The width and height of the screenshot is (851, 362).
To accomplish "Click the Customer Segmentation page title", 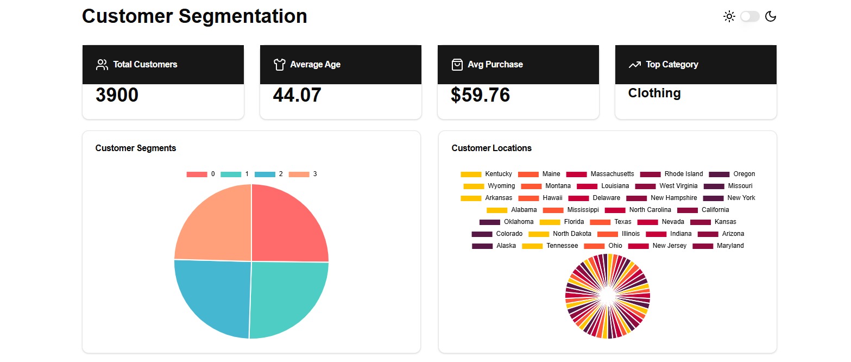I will pyautogui.click(x=194, y=16).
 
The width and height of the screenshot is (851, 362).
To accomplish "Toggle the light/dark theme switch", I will pyautogui.click(x=749, y=16).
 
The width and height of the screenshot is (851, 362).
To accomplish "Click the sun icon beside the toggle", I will pyautogui.click(x=729, y=16).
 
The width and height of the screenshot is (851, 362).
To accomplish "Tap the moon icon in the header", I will pyautogui.click(x=771, y=16).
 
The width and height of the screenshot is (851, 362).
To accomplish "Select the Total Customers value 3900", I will pyautogui.click(x=117, y=95).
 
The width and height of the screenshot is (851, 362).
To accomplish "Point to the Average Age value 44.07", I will pyautogui.click(x=297, y=95).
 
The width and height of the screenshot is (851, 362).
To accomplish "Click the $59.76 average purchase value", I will pyautogui.click(x=480, y=95).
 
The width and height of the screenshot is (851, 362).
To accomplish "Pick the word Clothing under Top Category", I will pyautogui.click(x=654, y=93).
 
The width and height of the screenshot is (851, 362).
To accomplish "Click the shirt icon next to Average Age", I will pyautogui.click(x=280, y=65).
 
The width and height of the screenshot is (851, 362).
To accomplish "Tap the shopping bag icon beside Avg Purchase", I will pyautogui.click(x=457, y=65).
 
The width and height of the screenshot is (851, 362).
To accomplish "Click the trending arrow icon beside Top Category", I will pyautogui.click(x=634, y=65).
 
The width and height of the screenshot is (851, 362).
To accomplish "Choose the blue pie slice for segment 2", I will pyautogui.click(x=215, y=296).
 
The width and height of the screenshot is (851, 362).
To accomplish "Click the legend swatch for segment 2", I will pyautogui.click(x=264, y=174).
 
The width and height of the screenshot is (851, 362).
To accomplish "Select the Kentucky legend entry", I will pyautogui.click(x=498, y=174).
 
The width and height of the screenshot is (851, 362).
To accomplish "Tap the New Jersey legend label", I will pyautogui.click(x=669, y=246).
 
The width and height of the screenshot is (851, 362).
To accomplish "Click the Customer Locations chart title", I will pyautogui.click(x=491, y=148).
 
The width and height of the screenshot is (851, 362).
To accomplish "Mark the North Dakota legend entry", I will pyautogui.click(x=572, y=234).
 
